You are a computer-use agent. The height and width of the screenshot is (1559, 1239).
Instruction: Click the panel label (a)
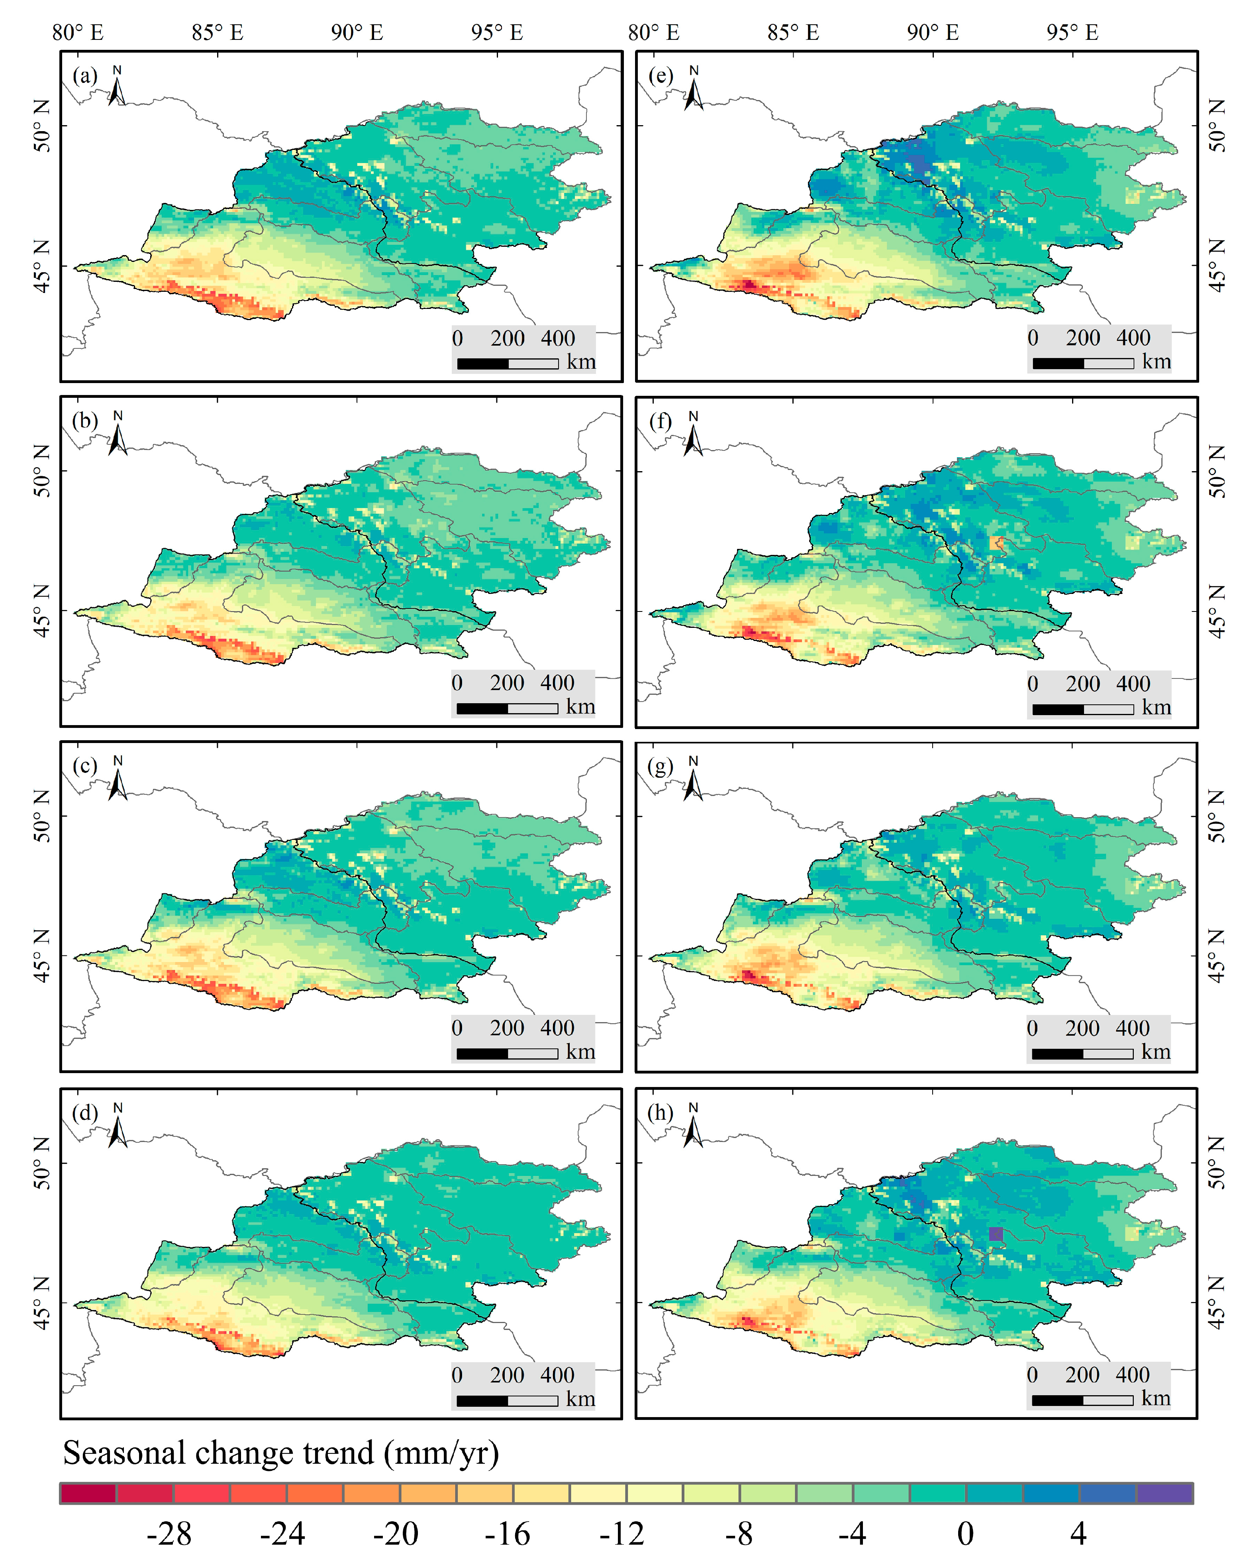(x=84, y=76)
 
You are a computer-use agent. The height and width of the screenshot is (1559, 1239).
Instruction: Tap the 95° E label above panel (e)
(x=1072, y=33)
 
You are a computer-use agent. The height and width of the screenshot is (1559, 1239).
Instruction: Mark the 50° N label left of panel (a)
(x=42, y=126)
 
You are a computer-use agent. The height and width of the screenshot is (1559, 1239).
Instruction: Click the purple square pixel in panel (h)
(x=996, y=1234)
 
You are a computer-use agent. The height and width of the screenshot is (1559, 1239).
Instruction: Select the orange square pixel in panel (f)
(x=997, y=543)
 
